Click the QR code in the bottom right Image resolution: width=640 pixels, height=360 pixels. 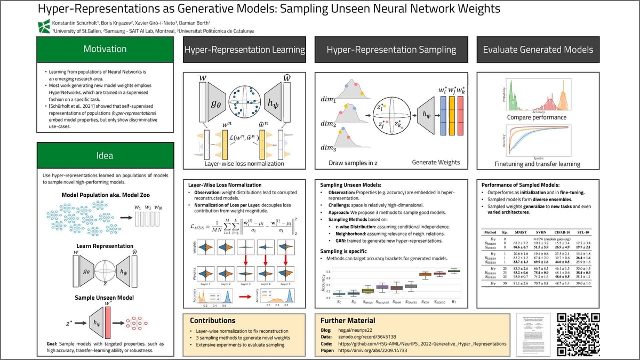point(579,333)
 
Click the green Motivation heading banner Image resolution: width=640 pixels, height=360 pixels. point(105,49)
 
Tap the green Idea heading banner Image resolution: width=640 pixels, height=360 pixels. point(105,156)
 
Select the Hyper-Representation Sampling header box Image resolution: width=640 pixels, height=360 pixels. point(391,50)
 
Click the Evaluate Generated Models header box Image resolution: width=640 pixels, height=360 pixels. point(538,50)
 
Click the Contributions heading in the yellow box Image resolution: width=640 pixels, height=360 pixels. point(213,321)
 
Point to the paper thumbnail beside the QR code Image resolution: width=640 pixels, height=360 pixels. point(533,333)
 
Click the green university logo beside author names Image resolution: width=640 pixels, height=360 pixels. point(44,25)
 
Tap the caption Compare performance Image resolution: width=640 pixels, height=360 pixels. point(537,117)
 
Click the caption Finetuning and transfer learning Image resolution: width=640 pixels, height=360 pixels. point(537,164)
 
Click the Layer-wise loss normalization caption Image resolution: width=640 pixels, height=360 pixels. point(244,163)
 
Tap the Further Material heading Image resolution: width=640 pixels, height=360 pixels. point(347,321)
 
